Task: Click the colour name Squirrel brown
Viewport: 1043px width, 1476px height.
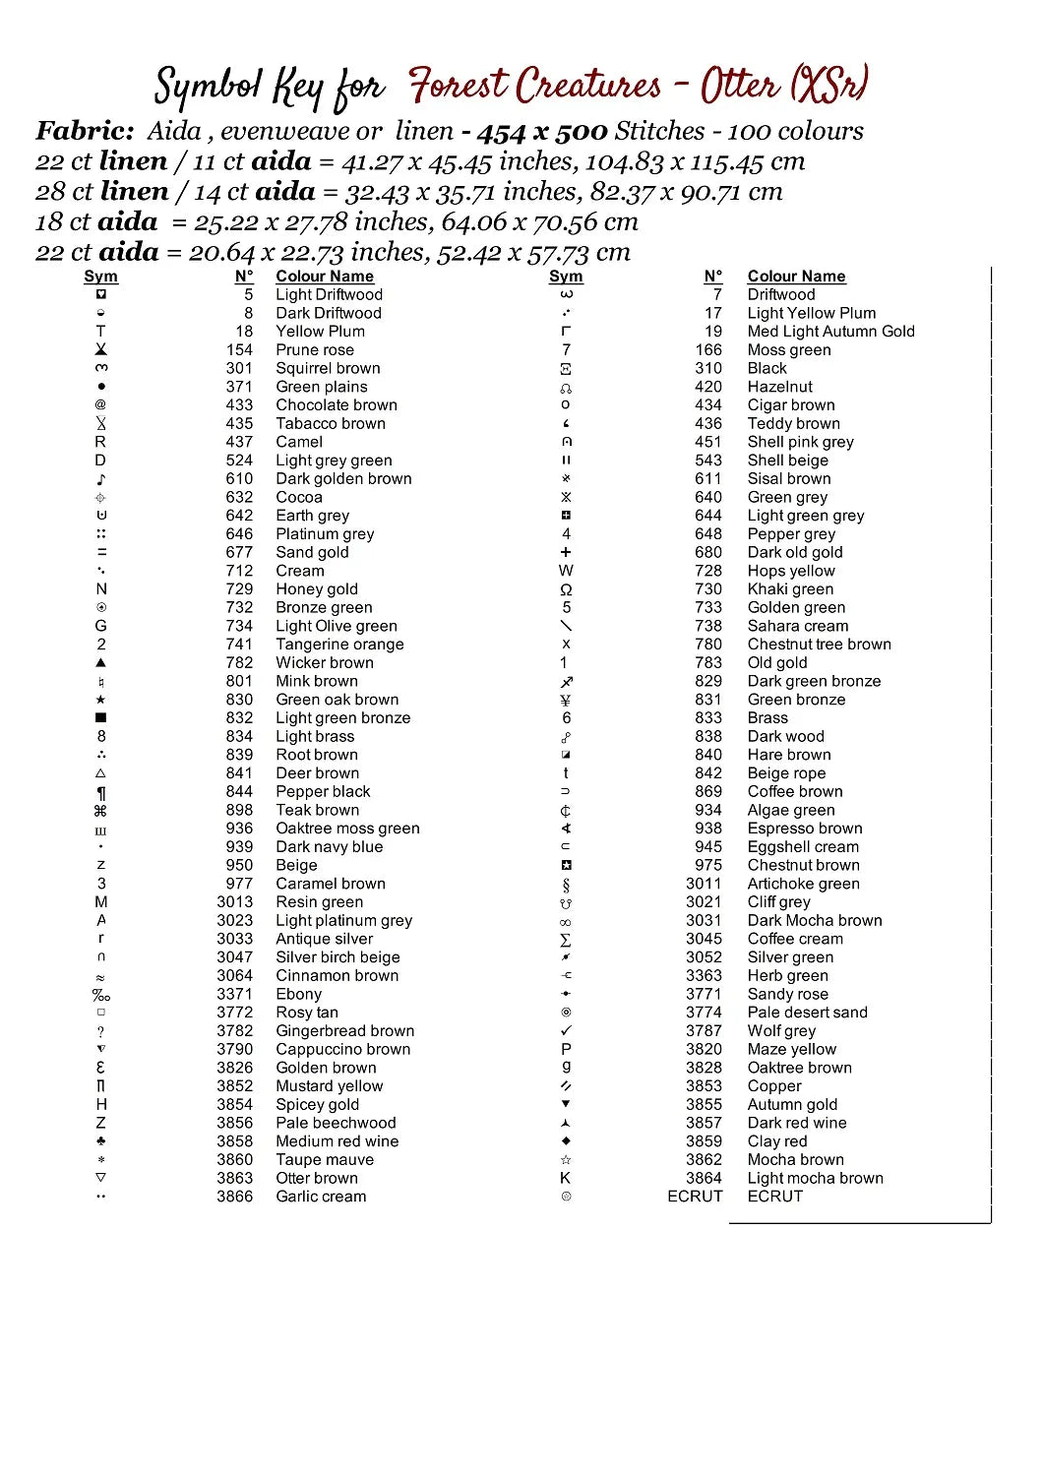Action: coord(328,368)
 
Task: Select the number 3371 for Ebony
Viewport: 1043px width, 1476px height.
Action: coord(234,994)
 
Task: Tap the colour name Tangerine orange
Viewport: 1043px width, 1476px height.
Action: coord(339,645)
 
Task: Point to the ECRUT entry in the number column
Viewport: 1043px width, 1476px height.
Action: coord(695,1197)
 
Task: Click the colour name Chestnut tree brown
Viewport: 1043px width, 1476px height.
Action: coord(819,645)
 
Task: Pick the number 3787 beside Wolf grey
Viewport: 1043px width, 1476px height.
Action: coord(704,1030)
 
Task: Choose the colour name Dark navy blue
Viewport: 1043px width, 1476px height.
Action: coord(329,847)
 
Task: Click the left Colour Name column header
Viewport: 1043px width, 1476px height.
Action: coord(325,277)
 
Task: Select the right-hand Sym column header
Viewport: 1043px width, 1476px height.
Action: coord(566,277)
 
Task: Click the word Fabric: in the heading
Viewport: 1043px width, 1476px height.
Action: coord(85,131)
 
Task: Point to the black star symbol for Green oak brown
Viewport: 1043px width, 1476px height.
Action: coord(101,700)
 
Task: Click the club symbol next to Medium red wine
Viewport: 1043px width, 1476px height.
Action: coord(101,1141)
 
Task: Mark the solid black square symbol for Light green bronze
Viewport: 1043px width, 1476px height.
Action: coord(101,718)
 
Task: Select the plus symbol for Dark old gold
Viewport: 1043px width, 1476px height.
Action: coord(566,552)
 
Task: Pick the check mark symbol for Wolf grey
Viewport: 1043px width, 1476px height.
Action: coord(566,1030)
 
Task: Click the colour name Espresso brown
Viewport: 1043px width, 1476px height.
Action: coord(805,829)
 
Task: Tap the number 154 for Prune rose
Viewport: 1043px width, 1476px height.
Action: coord(239,350)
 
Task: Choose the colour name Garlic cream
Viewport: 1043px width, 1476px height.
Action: coord(321,1197)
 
